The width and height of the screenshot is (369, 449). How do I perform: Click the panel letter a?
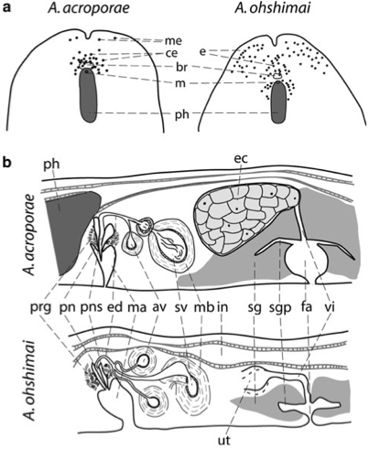[6, 8]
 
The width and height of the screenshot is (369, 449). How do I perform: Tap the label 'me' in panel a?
[173, 40]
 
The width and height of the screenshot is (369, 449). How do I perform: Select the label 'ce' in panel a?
[172, 53]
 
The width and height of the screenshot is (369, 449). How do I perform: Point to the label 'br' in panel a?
[171, 67]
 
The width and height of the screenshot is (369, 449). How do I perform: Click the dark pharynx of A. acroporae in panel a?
[89, 95]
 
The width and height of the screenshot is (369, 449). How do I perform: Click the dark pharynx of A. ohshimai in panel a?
[279, 102]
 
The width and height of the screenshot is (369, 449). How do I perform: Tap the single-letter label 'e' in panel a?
[202, 51]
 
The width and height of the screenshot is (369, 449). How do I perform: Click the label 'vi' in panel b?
[331, 307]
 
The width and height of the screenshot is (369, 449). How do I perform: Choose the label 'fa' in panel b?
[307, 307]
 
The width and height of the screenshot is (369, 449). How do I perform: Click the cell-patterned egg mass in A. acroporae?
[244, 218]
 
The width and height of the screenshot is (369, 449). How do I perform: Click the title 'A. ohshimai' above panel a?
[273, 8]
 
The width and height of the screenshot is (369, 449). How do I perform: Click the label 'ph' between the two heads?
[180, 115]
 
